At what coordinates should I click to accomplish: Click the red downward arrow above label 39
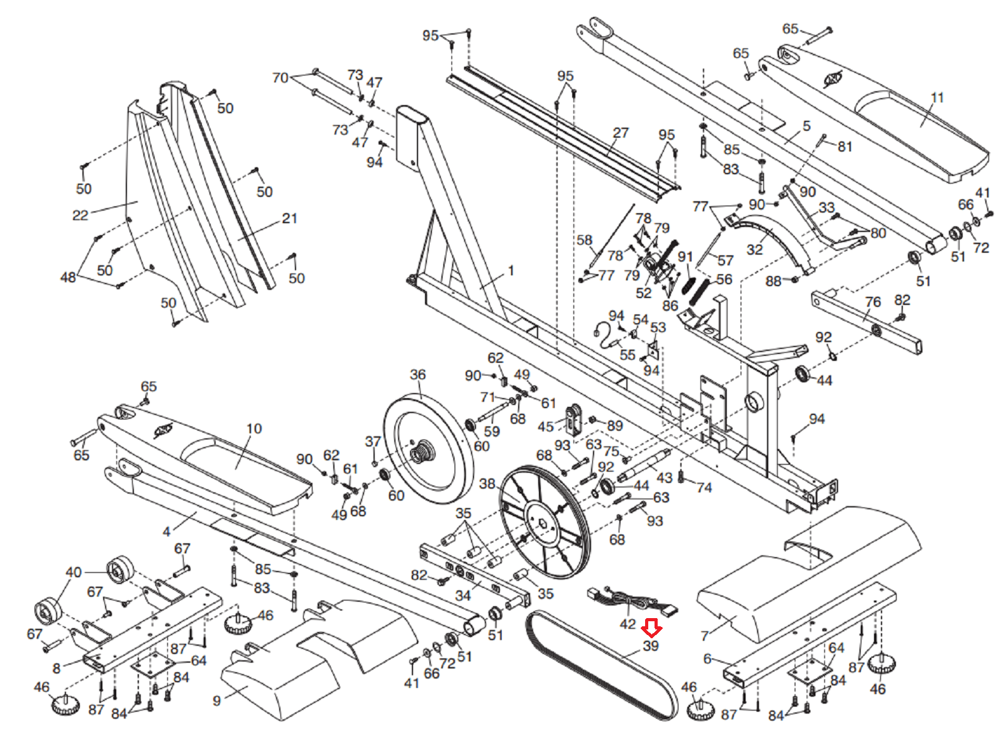point(651,628)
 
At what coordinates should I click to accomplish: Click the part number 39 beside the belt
point(651,646)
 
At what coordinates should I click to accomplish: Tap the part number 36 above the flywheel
point(418,375)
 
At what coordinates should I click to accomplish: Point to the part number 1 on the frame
point(511,270)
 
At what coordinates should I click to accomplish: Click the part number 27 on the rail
point(621,133)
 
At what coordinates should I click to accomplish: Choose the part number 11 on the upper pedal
point(937,97)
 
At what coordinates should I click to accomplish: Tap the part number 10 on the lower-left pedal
point(254,428)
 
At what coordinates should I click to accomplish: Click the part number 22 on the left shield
point(80,215)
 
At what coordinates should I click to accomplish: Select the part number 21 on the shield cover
point(289,218)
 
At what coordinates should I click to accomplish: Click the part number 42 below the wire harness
point(627,624)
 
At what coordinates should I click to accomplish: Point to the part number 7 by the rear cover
point(704,636)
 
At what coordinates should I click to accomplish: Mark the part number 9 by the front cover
point(217,700)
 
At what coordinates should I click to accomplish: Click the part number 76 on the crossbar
point(873,302)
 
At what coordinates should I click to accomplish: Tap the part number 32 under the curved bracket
point(754,250)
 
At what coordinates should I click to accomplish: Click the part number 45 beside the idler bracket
point(546,426)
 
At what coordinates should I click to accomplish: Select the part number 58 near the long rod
point(585,240)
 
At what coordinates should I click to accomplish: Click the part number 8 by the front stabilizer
point(57,668)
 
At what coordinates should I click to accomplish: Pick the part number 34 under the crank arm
point(463,595)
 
